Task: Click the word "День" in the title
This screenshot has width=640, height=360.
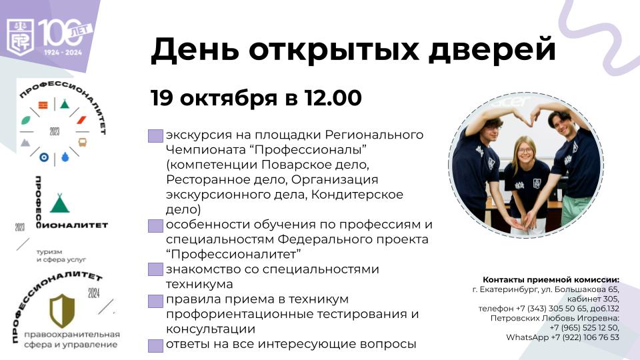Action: point(195,50)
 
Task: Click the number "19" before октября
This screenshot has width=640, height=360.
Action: point(163,98)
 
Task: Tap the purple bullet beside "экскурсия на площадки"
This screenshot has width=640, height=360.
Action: point(155,136)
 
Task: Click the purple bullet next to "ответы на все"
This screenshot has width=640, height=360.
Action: point(155,346)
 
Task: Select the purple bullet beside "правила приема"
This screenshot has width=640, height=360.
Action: point(155,301)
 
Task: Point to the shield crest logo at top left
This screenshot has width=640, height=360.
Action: point(21,37)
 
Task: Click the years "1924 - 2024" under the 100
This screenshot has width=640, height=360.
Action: point(63,52)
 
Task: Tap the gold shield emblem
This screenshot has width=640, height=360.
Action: point(62,311)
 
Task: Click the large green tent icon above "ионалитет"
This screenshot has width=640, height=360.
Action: point(59,203)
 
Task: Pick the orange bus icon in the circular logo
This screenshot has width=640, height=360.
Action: point(82,142)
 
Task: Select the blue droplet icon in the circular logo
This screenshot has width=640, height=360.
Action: point(65,157)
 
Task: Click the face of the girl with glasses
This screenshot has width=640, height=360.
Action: point(525,150)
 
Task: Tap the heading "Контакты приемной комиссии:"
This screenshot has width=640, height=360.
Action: point(551,279)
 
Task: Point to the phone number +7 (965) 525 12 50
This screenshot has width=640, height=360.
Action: point(584,327)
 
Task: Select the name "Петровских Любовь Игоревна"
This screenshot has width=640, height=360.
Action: point(554,318)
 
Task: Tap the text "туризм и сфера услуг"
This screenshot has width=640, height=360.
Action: point(61,255)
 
